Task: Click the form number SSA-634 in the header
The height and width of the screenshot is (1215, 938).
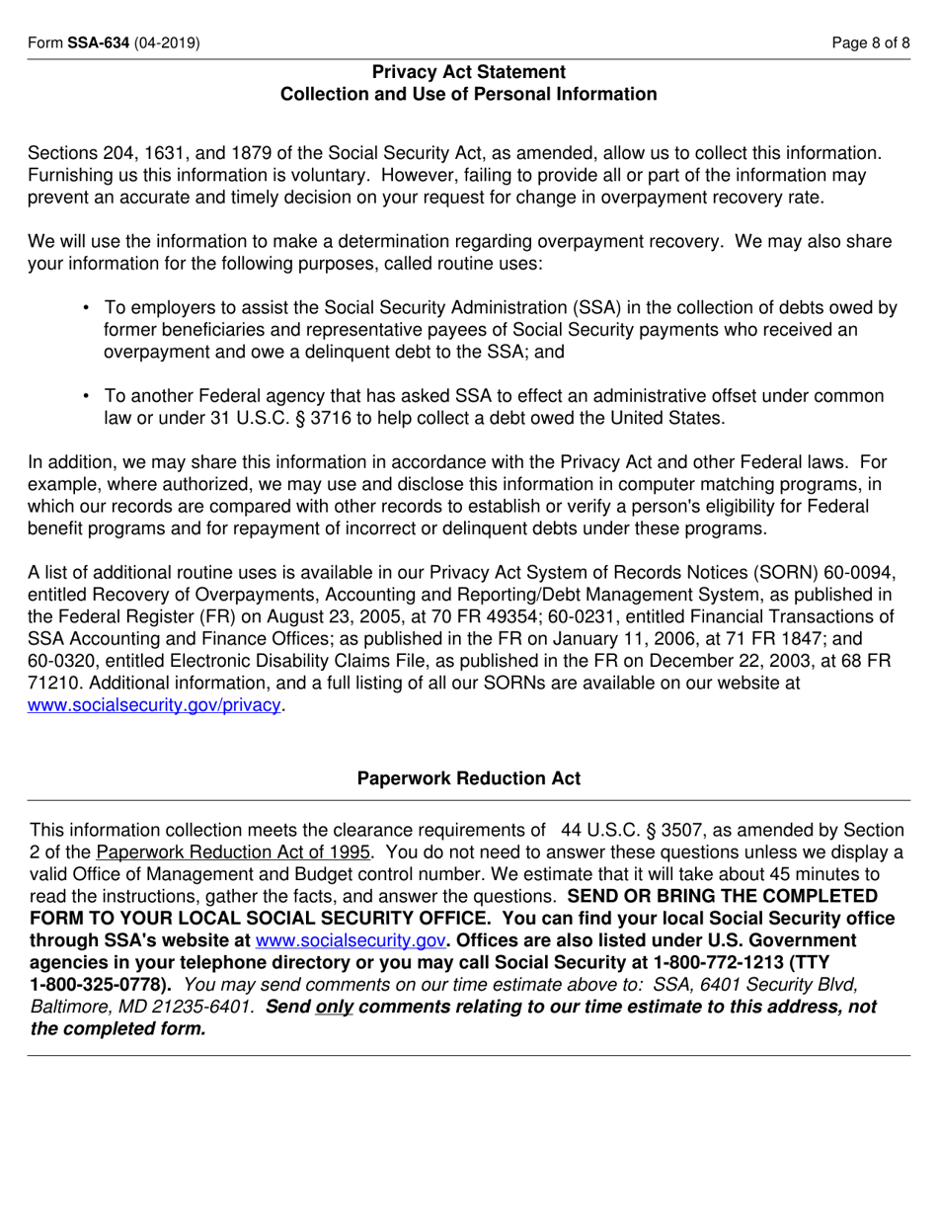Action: point(98,43)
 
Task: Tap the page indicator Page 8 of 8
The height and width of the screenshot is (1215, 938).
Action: point(871,43)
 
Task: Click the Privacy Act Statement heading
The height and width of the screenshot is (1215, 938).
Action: point(469,72)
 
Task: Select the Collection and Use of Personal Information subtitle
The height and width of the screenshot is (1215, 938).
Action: point(469,95)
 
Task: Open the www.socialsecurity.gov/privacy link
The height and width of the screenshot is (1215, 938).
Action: point(155,705)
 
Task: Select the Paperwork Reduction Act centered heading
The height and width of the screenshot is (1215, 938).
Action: point(469,778)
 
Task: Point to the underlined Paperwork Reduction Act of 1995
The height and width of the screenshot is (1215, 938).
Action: point(234,852)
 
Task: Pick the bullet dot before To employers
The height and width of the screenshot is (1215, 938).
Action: point(86,308)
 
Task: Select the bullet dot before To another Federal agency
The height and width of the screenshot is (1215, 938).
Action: point(86,396)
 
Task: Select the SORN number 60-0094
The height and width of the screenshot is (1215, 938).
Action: point(860,572)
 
